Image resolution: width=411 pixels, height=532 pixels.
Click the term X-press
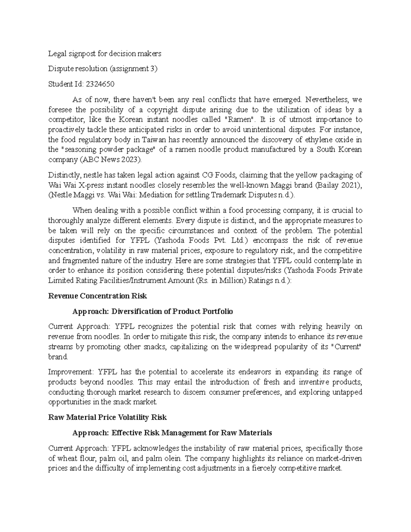pos(88,185)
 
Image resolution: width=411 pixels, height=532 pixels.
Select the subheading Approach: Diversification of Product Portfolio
pos(152,311)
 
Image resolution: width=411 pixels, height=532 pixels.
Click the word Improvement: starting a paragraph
pos(71,372)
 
